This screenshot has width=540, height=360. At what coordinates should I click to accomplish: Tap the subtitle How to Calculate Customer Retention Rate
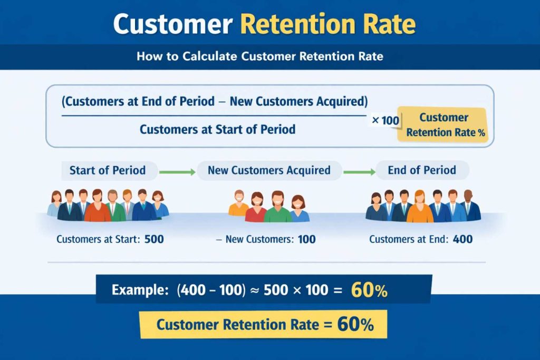(259, 56)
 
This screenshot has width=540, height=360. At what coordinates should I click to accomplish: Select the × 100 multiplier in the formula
(385, 121)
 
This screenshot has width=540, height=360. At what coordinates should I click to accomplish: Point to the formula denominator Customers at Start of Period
(217, 129)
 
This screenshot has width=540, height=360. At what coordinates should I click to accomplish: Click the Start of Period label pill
(108, 170)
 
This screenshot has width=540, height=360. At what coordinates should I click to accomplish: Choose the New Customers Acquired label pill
(269, 170)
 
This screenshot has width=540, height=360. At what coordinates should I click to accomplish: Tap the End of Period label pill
(422, 170)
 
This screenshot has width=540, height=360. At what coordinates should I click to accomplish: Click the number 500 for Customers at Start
(154, 239)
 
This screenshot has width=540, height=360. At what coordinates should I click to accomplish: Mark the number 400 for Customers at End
(462, 239)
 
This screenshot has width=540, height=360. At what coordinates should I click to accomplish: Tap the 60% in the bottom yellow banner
(355, 325)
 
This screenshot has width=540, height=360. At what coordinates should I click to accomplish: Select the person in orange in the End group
(420, 207)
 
